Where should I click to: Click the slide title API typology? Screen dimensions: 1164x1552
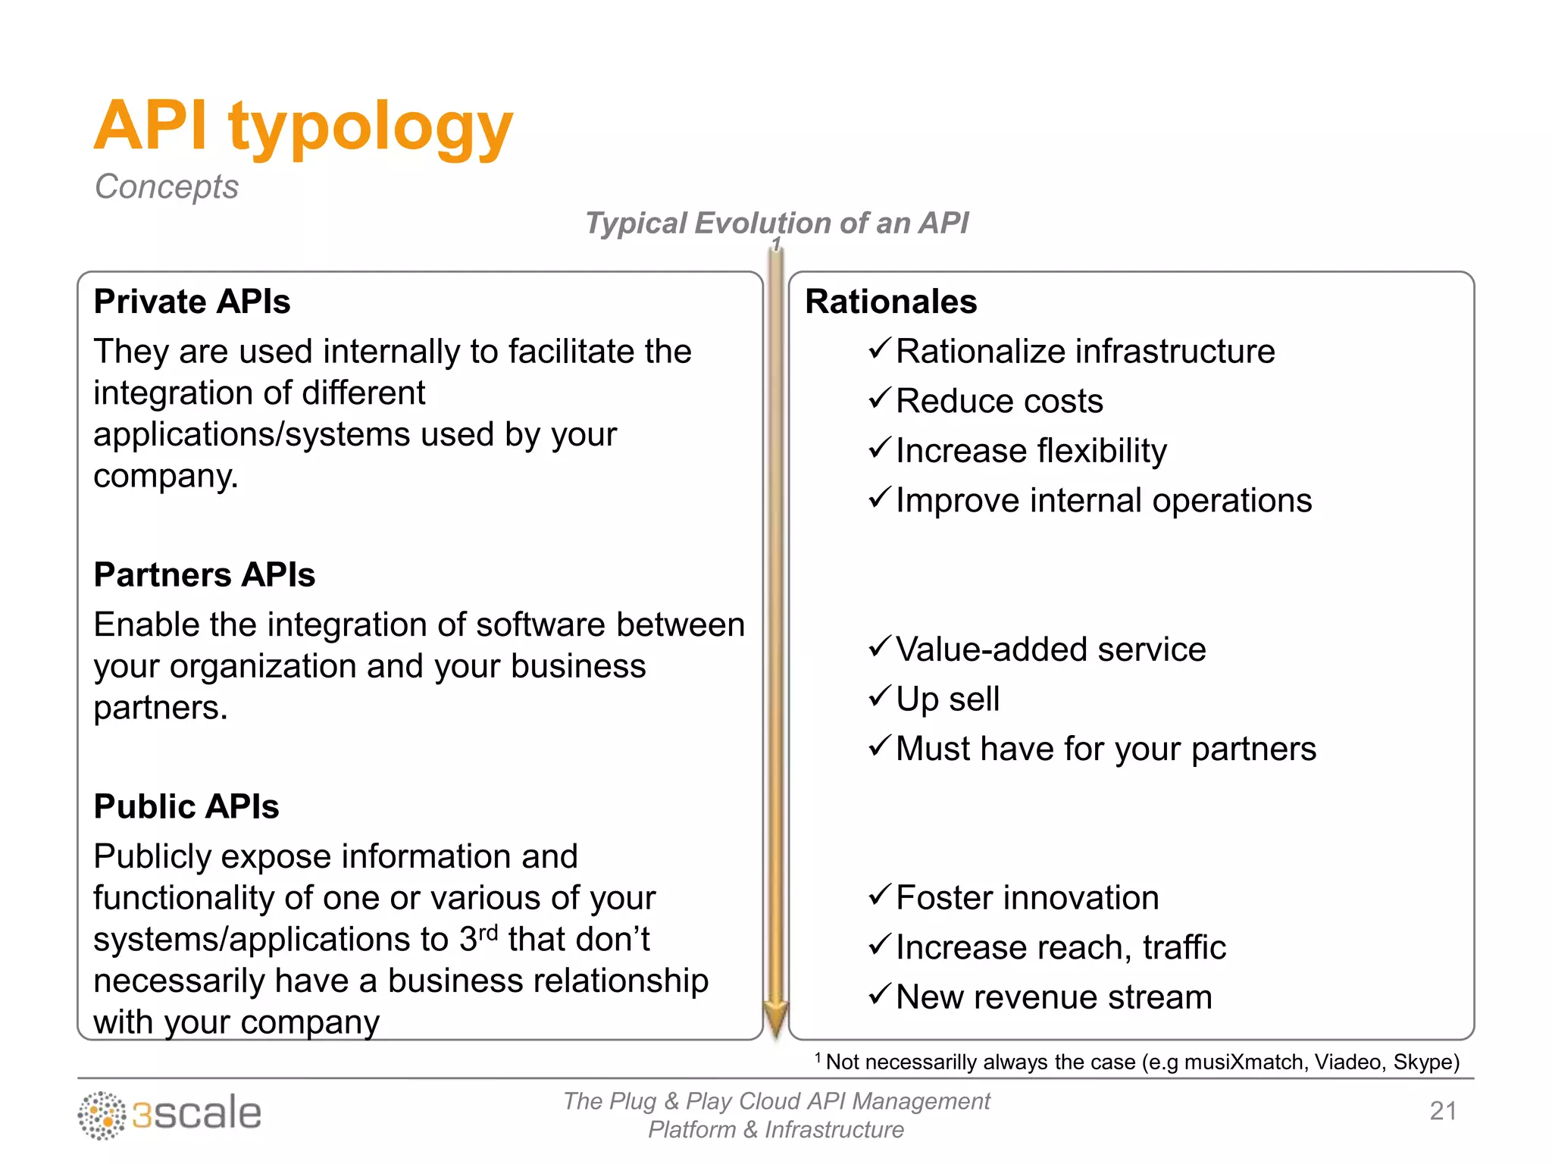[303, 127]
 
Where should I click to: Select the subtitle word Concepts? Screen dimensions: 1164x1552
[166, 186]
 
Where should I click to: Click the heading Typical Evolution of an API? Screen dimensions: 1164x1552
[777, 223]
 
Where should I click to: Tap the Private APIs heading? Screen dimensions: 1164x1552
[192, 302]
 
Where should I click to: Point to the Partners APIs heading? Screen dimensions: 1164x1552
[204, 574]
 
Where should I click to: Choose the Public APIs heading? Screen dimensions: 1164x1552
[186, 806]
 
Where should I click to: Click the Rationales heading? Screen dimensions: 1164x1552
[890, 302]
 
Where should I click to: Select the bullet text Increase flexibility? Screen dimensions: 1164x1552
[1031, 451]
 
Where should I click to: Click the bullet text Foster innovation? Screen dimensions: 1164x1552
[1027, 898]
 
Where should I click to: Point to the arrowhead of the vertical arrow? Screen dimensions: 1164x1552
[776, 1019]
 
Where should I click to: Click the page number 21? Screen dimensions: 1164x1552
[1443, 1111]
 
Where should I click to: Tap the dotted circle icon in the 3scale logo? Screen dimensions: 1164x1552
[102, 1115]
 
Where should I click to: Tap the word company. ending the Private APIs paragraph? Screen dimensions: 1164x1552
[166, 477]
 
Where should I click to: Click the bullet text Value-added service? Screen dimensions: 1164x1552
[1050, 650]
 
